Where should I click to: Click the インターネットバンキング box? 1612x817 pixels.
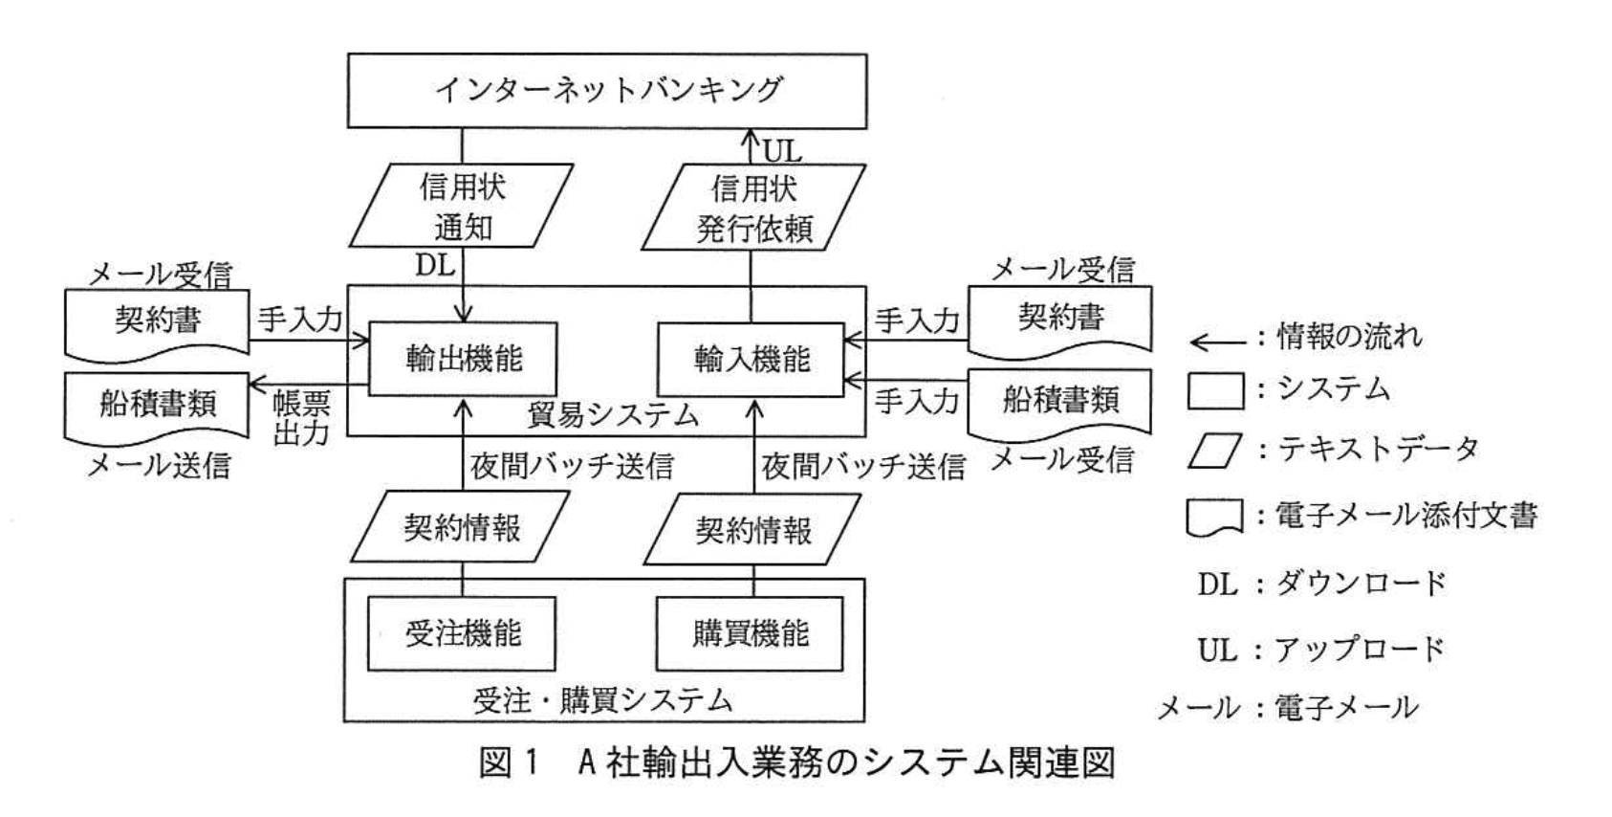click(x=606, y=90)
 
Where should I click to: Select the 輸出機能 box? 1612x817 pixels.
click(x=463, y=359)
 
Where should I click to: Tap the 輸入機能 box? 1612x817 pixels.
click(x=751, y=359)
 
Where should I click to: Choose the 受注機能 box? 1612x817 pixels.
click(x=462, y=633)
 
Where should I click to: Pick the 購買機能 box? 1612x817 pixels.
click(x=751, y=633)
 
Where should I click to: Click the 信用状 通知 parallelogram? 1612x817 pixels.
click(x=462, y=206)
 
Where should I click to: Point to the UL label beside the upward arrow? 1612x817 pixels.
click(x=781, y=151)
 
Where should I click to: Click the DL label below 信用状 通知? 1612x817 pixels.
click(x=435, y=265)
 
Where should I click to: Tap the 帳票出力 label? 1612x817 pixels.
click(x=301, y=417)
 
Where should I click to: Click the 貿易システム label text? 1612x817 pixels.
click(x=613, y=415)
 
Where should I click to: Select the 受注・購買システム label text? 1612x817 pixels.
click(x=602, y=701)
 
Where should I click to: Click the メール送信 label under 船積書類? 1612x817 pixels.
click(x=159, y=465)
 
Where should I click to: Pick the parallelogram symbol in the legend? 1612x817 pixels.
click(x=1214, y=451)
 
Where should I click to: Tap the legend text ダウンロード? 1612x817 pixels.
click(x=1361, y=583)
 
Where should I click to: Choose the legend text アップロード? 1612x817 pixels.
click(x=1359, y=650)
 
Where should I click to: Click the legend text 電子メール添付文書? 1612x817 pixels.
click(x=1405, y=516)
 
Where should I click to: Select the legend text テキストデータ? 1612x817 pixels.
click(x=1378, y=449)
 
